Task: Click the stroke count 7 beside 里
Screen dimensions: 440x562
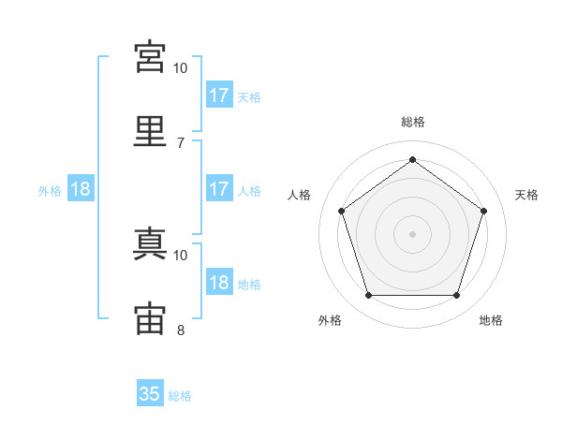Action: click(x=180, y=142)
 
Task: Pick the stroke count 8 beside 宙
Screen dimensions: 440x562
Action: click(x=180, y=330)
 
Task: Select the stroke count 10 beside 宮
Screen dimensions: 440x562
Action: click(x=180, y=67)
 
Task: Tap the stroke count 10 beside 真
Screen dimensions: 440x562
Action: click(x=180, y=255)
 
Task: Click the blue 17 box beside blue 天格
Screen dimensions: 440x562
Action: click(x=219, y=95)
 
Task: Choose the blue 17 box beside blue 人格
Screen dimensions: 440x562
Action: click(x=219, y=189)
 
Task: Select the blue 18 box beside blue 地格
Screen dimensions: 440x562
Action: click(x=219, y=283)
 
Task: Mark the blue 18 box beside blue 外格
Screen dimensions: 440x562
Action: click(x=81, y=189)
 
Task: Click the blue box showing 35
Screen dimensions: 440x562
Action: click(x=150, y=394)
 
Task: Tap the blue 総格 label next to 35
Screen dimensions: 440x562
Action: click(x=180, y=396)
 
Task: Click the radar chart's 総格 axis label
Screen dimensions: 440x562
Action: click(x=412, y=122)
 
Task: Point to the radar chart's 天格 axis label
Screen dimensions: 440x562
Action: click(x=526, y=195)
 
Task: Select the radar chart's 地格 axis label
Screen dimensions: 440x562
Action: click(x=491, y=321)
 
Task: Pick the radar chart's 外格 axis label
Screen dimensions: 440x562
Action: click(x=330, y=321)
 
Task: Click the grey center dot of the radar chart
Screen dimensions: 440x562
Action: click(x=412, y=233)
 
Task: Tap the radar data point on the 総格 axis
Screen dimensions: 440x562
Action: click(x=412, y=160)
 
